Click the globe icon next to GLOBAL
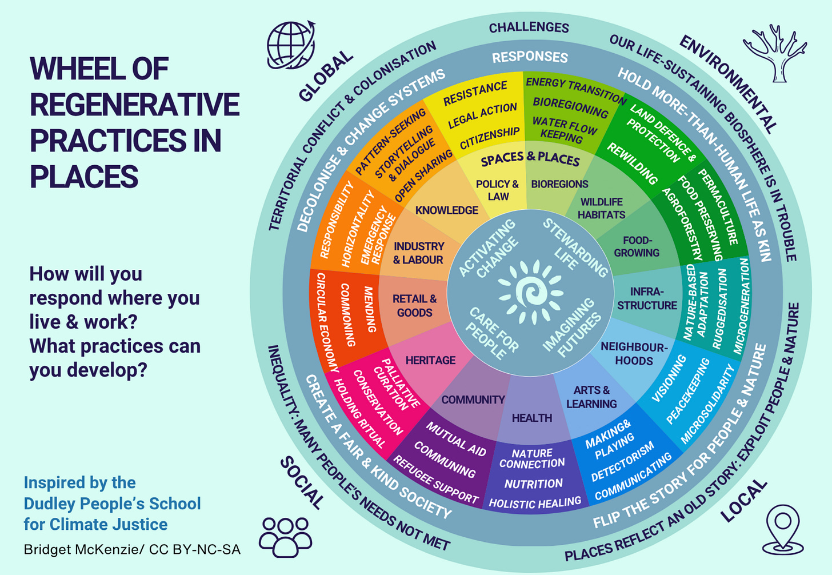coord(291,45)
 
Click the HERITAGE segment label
coord(430,360)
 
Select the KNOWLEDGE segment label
coord(446,210)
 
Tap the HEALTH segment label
coord(531,418)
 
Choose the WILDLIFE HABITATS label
coord(601,208)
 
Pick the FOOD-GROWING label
coord(637,246)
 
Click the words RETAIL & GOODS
coord(414,305)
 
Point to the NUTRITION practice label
coord(533,484)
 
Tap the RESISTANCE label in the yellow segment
coord(475,93)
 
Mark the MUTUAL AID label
coord(455,440)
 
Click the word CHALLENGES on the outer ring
coord(529,27)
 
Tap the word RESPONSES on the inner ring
coord(530,57)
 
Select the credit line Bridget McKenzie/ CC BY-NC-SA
coord(132,550)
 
